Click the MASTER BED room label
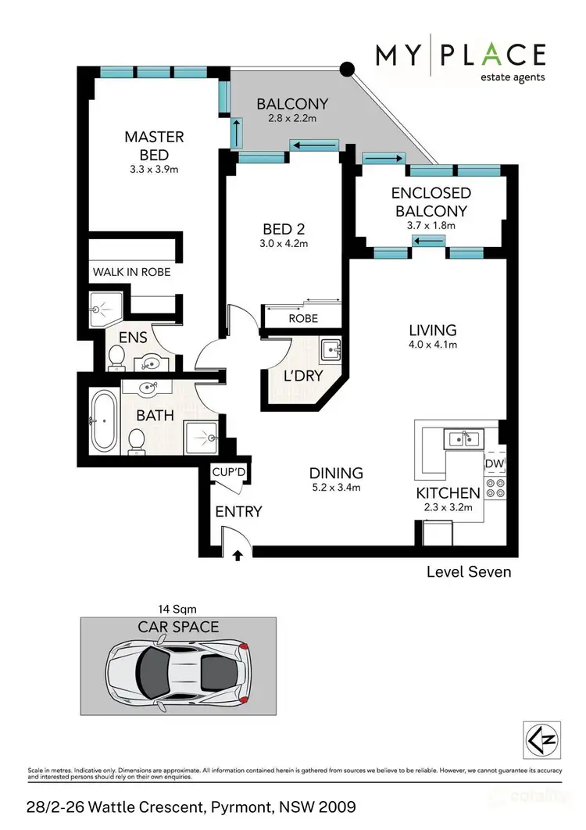tap(154, 146)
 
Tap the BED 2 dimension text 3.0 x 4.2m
tap(284, 244)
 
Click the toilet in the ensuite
tap(118, 357)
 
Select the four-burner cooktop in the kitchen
tap(495, 488)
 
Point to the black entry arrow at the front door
tap(238, 556)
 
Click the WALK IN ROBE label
tap(131, 273)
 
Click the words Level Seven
tap(468, 572)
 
